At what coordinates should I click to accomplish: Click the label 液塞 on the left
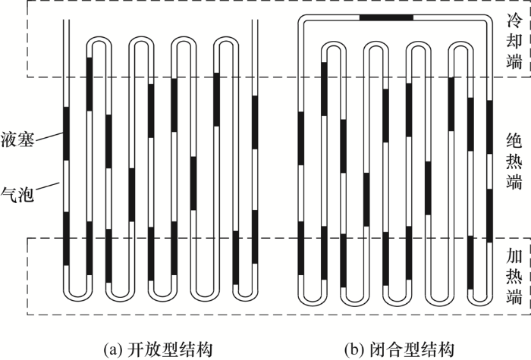[x=17, y=139]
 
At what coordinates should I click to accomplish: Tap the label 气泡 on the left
[x=17, y=194]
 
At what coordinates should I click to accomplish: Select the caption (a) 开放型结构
[x=158, y=349]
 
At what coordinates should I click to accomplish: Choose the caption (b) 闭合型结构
[x=399, y=349]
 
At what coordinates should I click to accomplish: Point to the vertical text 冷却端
[x=514, y=41]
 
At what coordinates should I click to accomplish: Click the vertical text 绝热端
[x=514, y=161]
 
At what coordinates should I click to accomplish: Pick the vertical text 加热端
[x=514, y=276]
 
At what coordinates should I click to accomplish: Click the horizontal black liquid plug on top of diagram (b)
[x=386, y=17]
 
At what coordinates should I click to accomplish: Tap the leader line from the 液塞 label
[x=49, y=136]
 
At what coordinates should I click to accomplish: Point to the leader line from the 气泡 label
[x=47, y=186]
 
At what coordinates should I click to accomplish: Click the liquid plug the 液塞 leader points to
[x=67, y=133]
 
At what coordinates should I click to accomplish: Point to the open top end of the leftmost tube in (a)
[x=67, y=20]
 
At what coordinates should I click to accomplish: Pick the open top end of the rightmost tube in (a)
[x=255, y=20]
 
